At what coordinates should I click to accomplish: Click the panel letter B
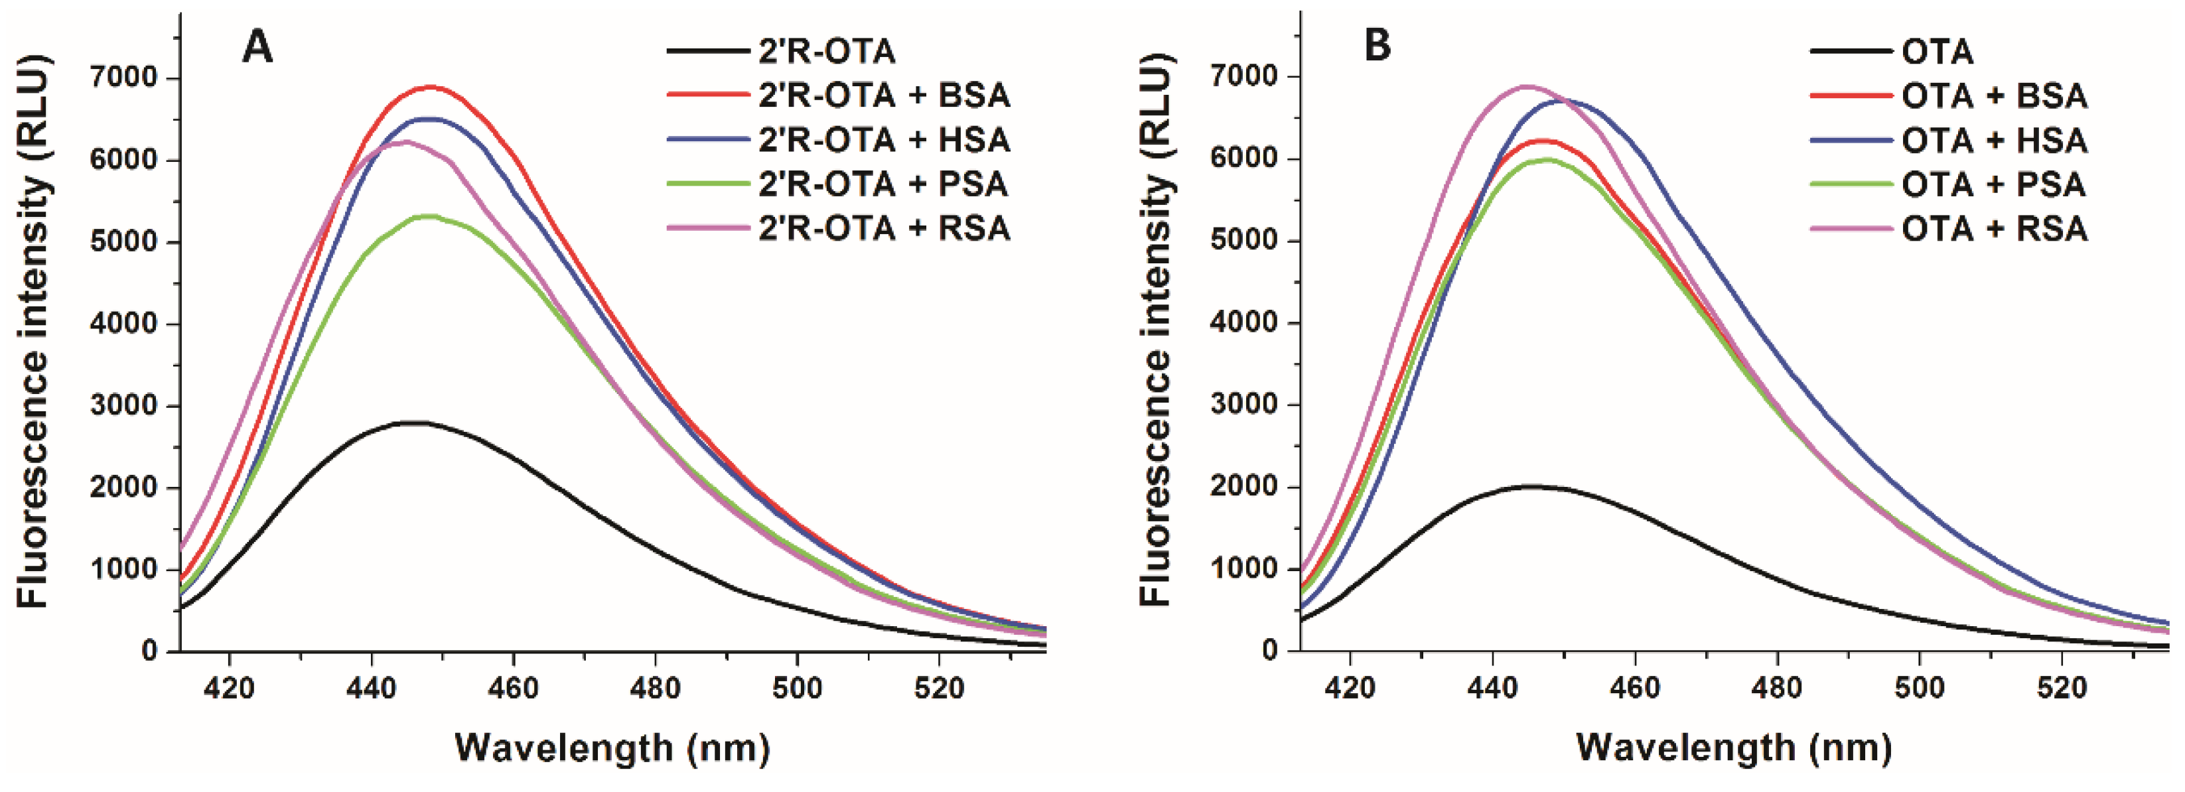point(1377,45)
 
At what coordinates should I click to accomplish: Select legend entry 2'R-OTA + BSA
point(884,95)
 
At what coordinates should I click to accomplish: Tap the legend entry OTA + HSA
point(1993,141)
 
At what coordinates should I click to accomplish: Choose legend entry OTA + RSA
point(1993,229)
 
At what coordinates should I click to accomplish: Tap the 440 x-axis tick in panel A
point(372,688)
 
